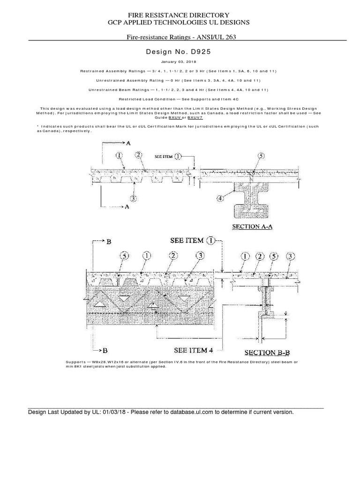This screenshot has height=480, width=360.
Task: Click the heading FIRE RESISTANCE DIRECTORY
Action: pos(176,15)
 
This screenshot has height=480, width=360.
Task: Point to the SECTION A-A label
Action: pos(253,226)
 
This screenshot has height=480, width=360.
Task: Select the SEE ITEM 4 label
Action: pos(193,350)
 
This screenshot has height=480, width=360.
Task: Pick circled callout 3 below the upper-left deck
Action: pos(134,198)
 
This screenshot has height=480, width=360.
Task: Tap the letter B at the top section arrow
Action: pos(108,241)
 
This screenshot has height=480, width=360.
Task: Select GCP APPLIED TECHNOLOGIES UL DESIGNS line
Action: pos(176,22)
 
